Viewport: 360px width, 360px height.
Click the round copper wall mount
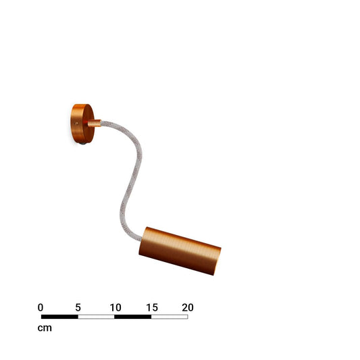tap(82, 124)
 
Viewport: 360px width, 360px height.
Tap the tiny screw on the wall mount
tap(77, 124)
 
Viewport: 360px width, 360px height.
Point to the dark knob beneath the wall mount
tap(82, 143)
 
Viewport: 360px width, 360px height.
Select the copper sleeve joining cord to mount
tap(94, 124)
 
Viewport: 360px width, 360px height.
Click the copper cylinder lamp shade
tap(180, 251)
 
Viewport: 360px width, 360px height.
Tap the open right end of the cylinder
tap(217, 261)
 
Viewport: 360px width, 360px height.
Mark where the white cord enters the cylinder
tap(140, 239)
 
